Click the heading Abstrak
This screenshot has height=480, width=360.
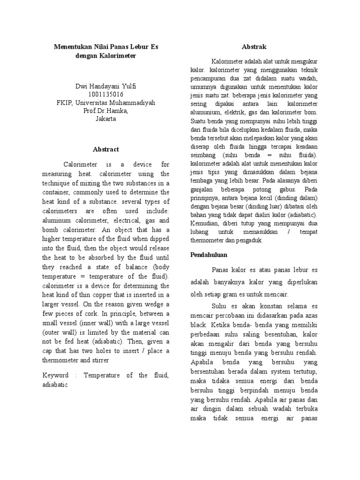coord(254,47)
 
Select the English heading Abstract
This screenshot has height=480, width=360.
coord(106,149)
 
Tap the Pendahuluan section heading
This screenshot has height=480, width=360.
coord(209,255)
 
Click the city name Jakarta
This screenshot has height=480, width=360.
coord(106,119)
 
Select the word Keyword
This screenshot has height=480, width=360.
coord(56,375)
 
